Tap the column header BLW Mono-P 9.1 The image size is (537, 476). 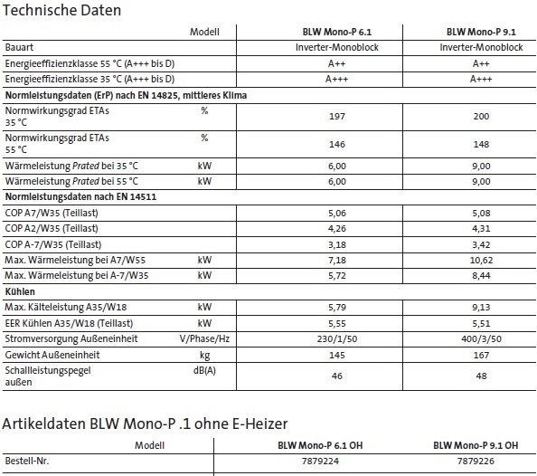(481, 31)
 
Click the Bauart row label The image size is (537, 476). (20, 46)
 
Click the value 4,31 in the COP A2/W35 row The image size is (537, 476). (481, 229)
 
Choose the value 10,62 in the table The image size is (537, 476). (481, 260)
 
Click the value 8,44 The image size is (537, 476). (481, 275)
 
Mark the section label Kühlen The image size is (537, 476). (20, 292)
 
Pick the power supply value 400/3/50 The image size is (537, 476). (481, 338)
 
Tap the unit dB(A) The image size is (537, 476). (204, 370)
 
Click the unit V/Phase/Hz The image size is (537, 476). (204, 338)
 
